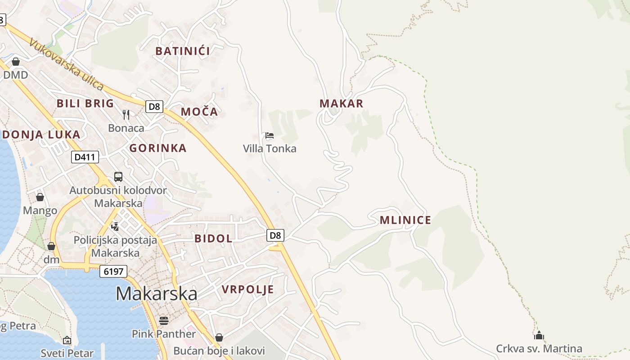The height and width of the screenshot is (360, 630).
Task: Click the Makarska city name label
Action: (156, 293)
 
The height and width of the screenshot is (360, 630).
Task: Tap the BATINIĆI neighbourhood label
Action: (183, 51)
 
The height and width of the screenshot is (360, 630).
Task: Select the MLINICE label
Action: (405, 220)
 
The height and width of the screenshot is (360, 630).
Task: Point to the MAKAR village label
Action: (341, 103)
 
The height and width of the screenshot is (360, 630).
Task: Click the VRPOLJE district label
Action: (248, 289)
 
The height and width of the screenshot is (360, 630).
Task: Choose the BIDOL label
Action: (213, 238)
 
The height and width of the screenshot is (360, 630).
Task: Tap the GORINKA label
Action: (158, 148)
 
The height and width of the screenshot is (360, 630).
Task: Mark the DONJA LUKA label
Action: (41, 135)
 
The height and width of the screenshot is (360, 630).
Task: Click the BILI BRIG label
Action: (85, 103)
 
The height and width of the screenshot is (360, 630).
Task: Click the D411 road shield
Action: (85, 157)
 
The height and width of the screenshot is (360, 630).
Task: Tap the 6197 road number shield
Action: (113, 271)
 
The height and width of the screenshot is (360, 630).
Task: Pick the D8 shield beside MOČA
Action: (154, 107)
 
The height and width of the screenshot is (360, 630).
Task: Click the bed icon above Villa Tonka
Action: (270, 135)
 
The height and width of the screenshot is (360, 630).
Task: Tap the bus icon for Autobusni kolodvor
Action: (118, 177)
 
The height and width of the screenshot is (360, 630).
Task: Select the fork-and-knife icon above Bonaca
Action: (126, 115)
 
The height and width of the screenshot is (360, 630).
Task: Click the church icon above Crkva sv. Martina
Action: (539, 335)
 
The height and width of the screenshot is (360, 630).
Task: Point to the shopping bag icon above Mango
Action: (40, 197)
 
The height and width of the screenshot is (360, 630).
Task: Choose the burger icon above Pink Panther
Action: (163, 320)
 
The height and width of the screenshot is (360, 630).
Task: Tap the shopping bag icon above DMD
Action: (16, 62)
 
